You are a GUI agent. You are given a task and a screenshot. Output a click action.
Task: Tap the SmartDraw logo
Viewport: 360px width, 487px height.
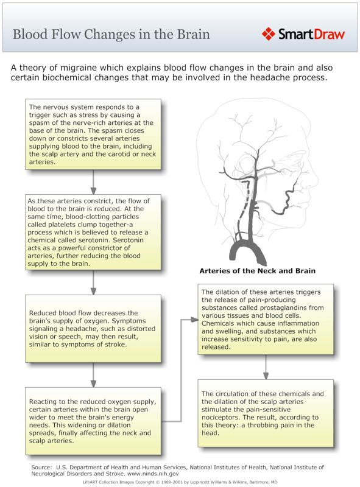(x=303, y=33)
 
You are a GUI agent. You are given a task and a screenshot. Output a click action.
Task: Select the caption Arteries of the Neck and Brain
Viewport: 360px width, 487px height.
(x=257, y=270)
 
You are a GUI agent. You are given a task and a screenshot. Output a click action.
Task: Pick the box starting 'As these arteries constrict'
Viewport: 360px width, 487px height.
(x=94, y=233)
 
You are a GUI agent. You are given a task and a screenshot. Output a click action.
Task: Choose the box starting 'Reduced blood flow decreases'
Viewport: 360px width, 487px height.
(x=94, y=329)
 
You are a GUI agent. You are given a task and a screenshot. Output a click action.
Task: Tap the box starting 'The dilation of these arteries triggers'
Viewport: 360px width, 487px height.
(x=266, y=319)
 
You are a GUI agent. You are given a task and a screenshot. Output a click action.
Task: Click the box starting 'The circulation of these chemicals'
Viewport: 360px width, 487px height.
(x=266, y=413)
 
